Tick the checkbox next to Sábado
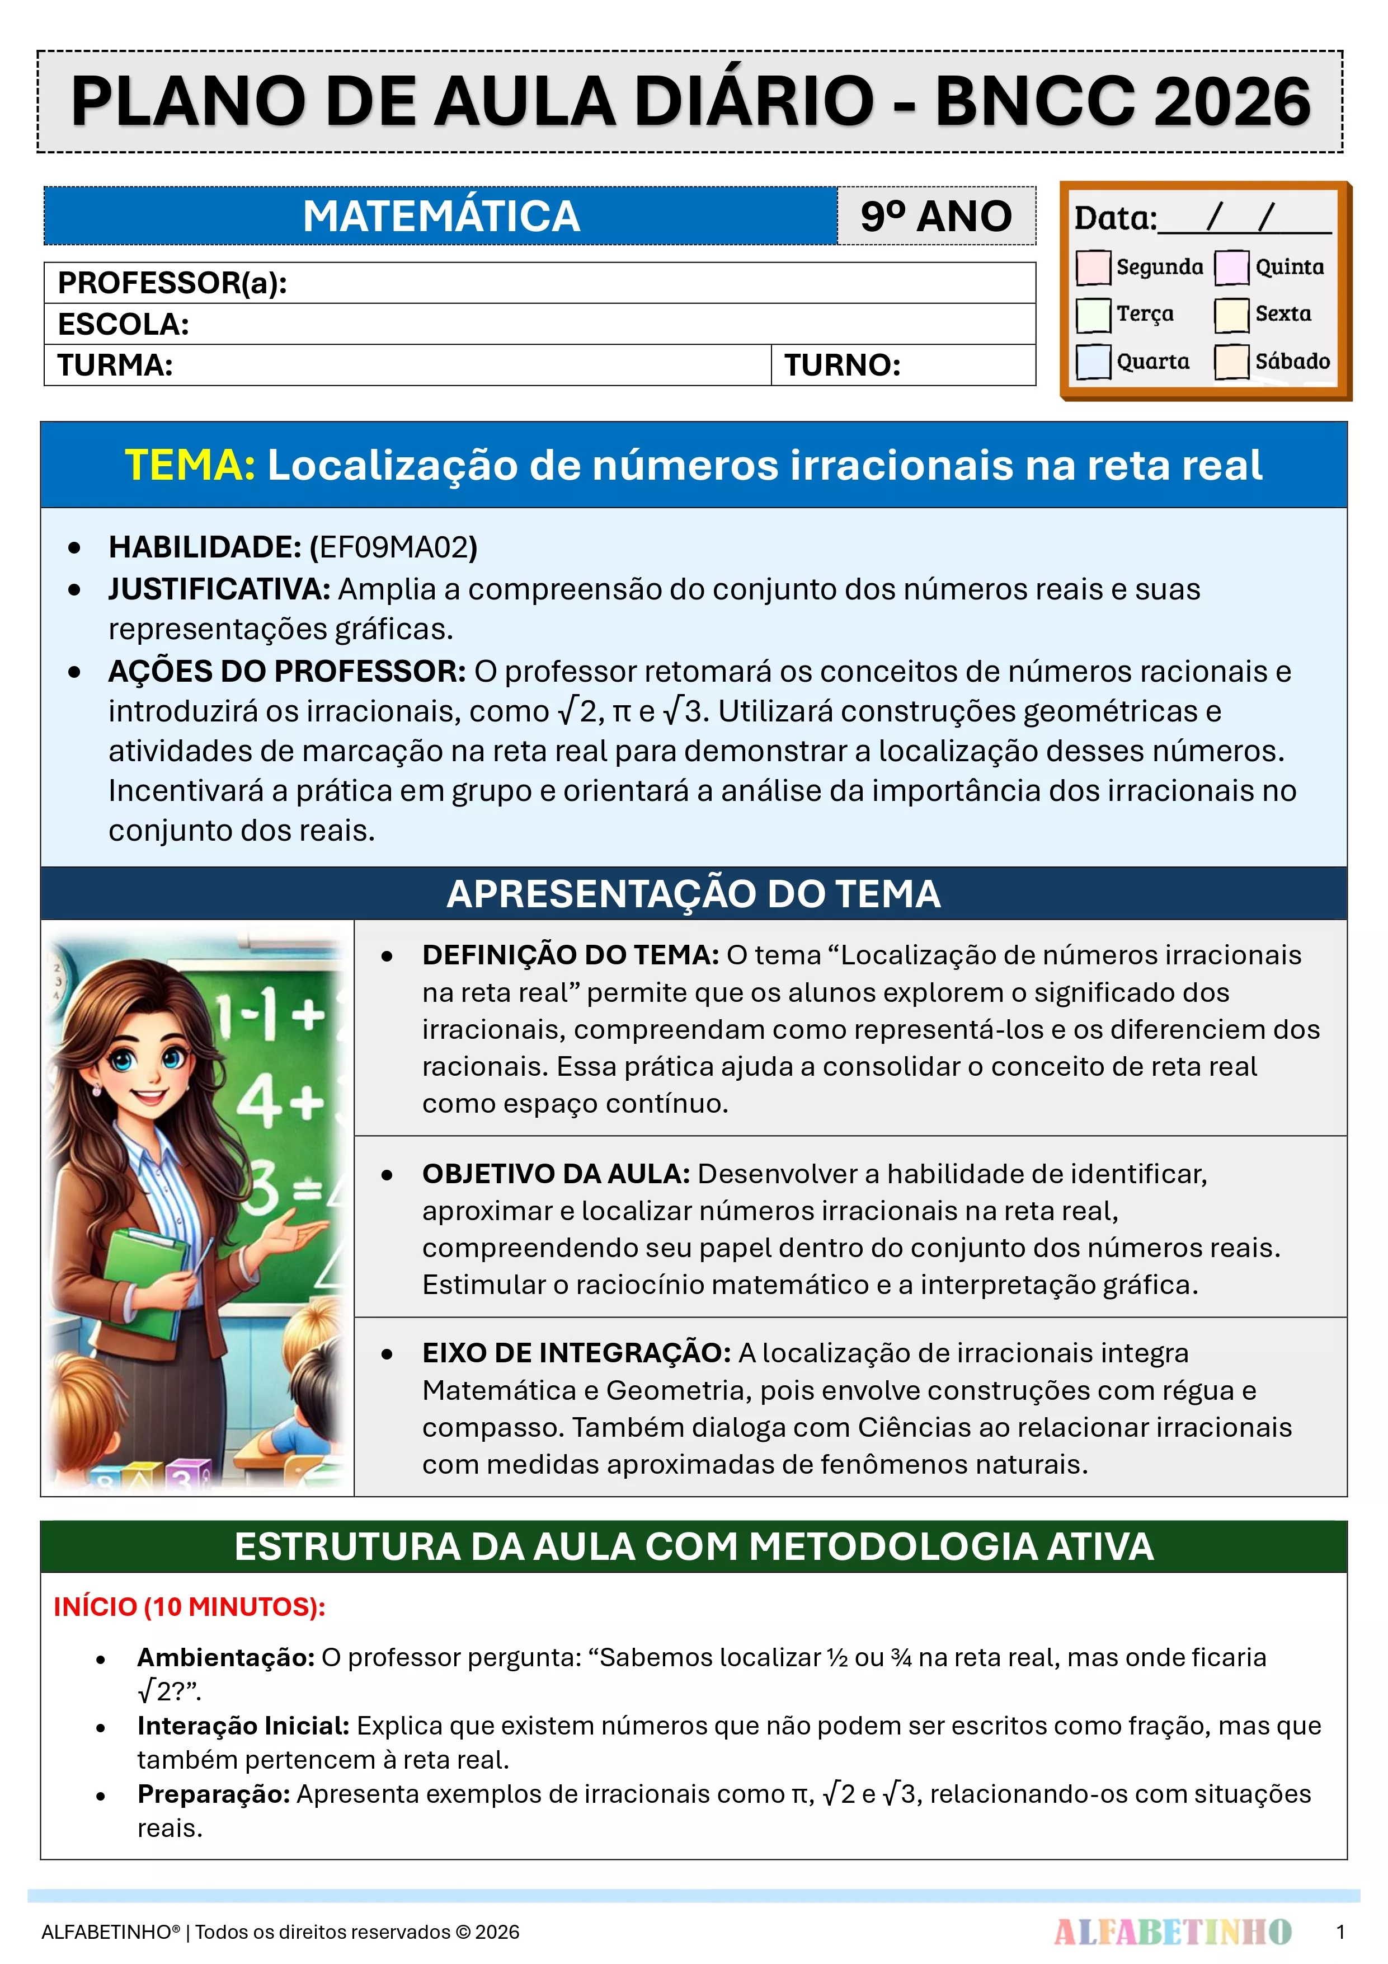(x=1231, y=361)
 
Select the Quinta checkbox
(x=1231, y=267)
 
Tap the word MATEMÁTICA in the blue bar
(x=441, y=217)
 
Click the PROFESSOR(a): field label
(x=172, y=283)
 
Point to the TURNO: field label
(x=843, y=365)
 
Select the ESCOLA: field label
(x=123, y=324)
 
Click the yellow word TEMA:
(x=190, y=465)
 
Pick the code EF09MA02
(x=393, y=547)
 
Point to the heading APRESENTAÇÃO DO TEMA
(x=694, y=894)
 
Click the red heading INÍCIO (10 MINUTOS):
(x=189, y=1606)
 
